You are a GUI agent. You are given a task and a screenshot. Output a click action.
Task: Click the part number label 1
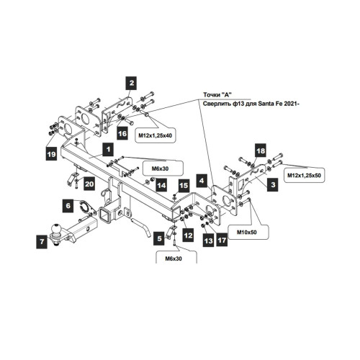108,150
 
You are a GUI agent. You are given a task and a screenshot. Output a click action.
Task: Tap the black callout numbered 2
132,83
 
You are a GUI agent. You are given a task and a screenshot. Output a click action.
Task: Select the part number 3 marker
273,184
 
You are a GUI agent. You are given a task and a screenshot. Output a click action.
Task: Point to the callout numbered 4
202,181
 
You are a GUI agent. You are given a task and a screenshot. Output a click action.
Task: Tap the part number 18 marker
261,150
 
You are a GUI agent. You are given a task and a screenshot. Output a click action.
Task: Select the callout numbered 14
161,185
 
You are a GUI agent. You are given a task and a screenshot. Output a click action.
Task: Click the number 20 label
89,184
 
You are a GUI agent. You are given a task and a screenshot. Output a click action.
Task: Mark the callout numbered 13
208,240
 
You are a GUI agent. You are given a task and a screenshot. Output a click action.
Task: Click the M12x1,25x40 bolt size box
155,135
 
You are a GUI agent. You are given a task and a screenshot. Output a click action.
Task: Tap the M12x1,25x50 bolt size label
304,175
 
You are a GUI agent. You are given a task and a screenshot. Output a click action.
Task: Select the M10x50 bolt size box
247,232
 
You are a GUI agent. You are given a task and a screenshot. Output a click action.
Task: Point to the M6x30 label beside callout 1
160,168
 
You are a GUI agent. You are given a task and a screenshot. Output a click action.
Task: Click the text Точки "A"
217,95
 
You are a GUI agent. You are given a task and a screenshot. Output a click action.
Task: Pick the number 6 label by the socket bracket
68,205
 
